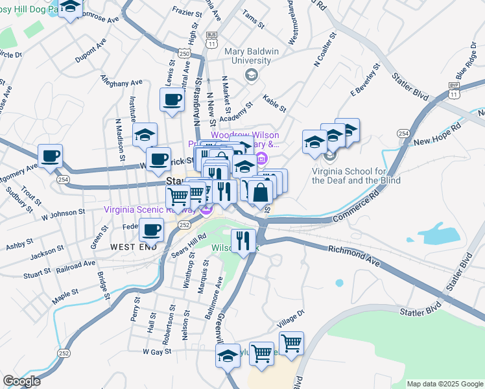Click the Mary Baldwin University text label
click(x=247, y=56)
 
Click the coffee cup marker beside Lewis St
click(x=172, y=100)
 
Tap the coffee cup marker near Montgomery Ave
click(x=51, y=156)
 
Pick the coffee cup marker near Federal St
click(x=152, y=229)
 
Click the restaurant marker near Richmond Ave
click(x=243, y=241)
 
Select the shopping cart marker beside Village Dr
click(x=292, y=344)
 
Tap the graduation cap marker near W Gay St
click(x=228, y=356)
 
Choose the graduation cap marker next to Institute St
click(x=145, y=135)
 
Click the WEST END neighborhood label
click(x=133, y=247)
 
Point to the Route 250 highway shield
click(x=185, y=52)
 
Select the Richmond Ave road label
click(x=354, y=250)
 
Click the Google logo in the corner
click(x=22, y=381)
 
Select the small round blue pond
click(x=338, y=283)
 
